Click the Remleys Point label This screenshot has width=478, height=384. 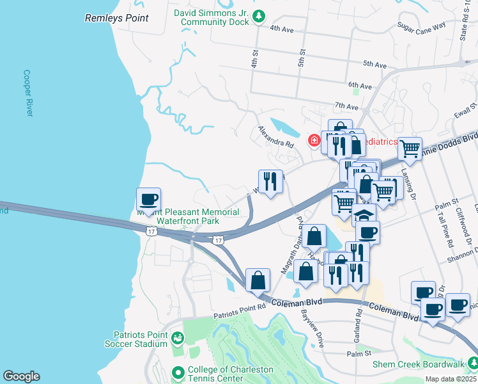pos(117,19)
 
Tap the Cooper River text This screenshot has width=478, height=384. pos(27,93)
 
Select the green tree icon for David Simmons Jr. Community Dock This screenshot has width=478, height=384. pos(259,16)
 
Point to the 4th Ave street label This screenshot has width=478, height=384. pos(281,29)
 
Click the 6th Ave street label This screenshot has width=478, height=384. pos(360,86)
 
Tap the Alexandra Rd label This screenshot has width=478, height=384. pos(275,136)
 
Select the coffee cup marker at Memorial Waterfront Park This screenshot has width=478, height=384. pos(148,199)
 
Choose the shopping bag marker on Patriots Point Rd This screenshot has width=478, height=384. pos(257,280)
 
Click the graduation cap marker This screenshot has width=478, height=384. pos(364,216)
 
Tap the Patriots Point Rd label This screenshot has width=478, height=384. pos(240,307)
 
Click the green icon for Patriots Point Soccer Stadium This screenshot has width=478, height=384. pos(178,339)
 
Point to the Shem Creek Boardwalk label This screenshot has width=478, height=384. pos(419,365)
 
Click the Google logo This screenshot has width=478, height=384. pos(21,376)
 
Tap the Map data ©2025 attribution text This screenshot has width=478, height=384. pos(450,379)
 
